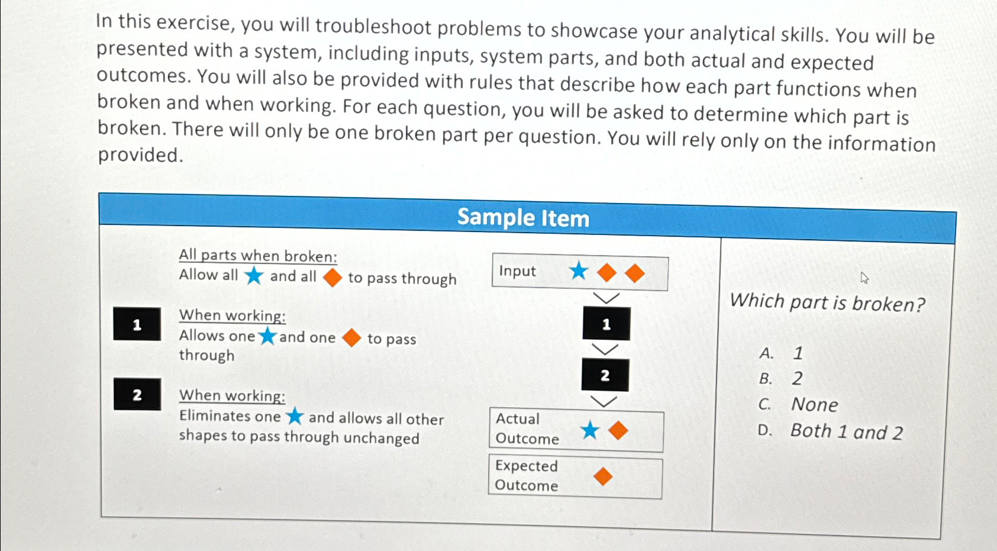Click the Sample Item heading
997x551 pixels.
pyautogui.click(x=523, y=218)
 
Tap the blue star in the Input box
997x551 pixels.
pyautogui.click(x=578, y=271)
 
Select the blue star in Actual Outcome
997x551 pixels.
pyautogui.click(x=589, y=430)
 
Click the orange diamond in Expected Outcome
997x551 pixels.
pyautogui.click(x=603, y=476)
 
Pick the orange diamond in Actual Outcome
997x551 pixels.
pyautogui.click(x=618, y=430)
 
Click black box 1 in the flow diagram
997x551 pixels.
pyautogui.click(x=606, y=324)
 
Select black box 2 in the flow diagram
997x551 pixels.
pyautogui.click(x=605, y=375)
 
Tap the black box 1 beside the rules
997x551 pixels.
pyautogui.click(x=137, y=324)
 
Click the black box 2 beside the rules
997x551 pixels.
pyautogui.click(x=137, y=395)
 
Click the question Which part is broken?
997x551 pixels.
pyautogui.click(x=827, y=303)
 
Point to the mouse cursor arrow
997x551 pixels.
pyautogui.click(x=864, y=277)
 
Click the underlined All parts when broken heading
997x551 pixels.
pyautogui.click(x=258, y=256)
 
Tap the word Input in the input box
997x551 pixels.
pyautogui.click(x=517, y=271)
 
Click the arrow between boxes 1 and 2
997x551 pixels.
pyautogui.click(x=605, y=350)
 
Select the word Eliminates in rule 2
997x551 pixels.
pyautogui.click(x=230, y=416)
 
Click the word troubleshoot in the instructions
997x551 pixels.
pyautogui.click(x=373, y=26)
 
